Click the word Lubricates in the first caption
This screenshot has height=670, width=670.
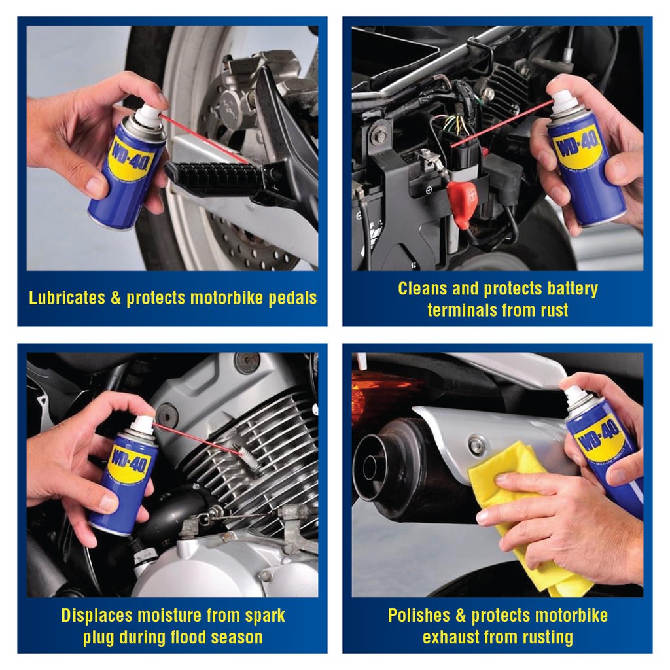pos(67,298)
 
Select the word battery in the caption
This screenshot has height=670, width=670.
pos(573,289)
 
